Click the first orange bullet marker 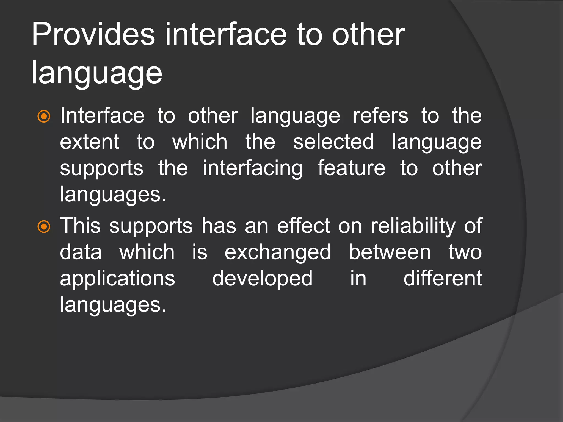(44, 116)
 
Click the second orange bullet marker (44, 227)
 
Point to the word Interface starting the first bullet (102, 115)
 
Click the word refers (380, 115)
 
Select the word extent (90, 142)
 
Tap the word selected (333, 142)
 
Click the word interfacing (253, 168)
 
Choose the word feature (351, 168)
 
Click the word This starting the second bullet (80, 226)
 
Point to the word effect (303, 226)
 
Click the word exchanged (278, 252)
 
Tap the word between (390, 252)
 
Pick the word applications (117, 279)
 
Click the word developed (262, 279)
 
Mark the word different (443, 279)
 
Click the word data (81, 252)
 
